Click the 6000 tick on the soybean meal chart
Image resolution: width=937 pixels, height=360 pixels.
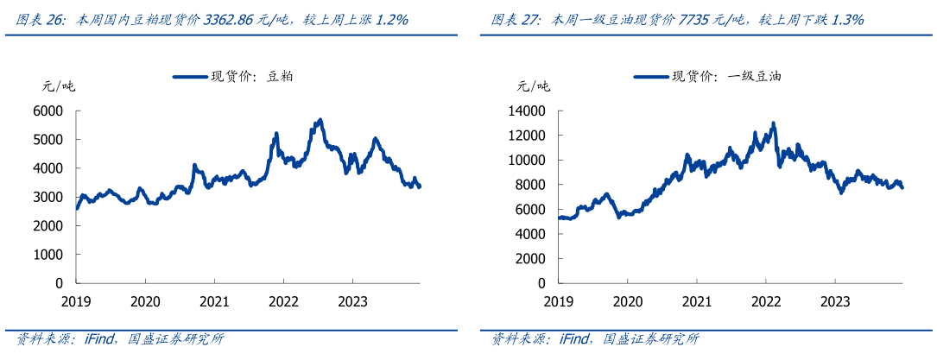[48, 111]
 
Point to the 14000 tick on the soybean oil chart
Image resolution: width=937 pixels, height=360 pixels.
[528, 111]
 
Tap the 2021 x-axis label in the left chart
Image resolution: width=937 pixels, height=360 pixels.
[213, 301]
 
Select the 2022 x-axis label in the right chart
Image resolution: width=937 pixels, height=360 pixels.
[765, 301]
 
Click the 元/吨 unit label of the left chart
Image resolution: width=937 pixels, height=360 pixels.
[59, 85]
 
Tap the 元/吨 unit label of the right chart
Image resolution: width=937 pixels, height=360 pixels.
[534, 85]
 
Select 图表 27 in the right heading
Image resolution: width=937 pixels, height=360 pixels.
[516, 19]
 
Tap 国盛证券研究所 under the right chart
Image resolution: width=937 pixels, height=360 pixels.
[651, 339]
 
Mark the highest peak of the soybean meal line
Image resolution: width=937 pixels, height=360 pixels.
[320, 120]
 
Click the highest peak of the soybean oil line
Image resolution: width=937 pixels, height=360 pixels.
[773, 123]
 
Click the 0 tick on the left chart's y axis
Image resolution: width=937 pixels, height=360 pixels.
[59, 283]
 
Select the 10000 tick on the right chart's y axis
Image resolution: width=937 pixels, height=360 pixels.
[528, 160]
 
